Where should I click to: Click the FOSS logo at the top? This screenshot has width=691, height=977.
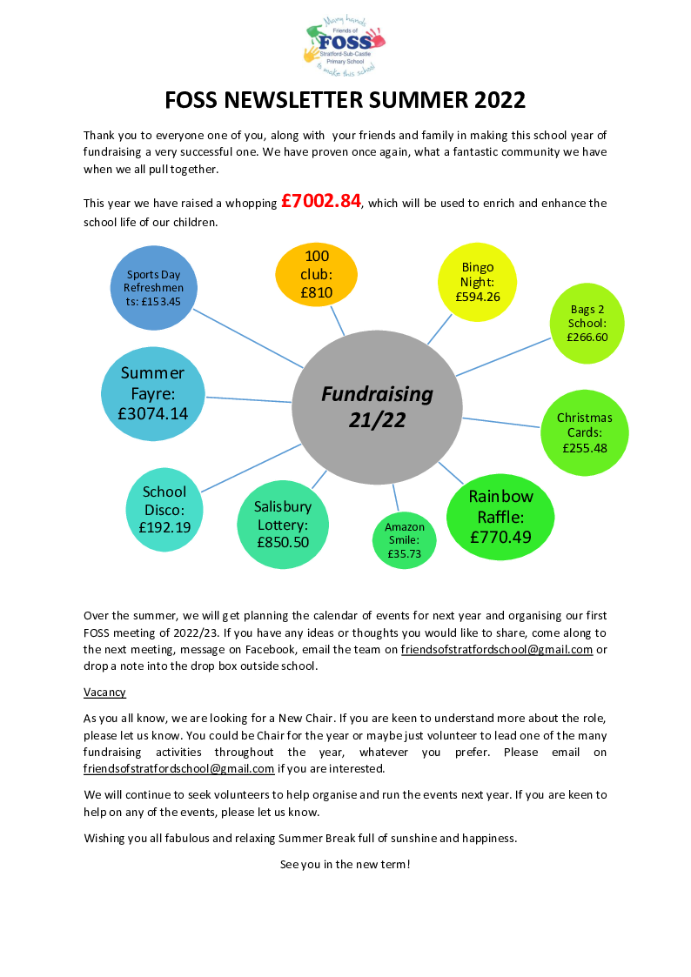[345, 47]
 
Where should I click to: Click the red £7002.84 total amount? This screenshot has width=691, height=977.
[321, 201]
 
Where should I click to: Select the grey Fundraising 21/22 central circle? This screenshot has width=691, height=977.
[377, 407]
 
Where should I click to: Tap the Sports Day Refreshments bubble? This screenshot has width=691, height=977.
[154, 288]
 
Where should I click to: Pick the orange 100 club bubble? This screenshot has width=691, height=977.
[317, 274]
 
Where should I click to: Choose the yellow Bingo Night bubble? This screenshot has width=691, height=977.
[477, 282]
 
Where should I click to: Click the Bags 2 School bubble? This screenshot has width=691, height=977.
[587, 324]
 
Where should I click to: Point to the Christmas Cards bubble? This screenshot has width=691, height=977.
[585, 433]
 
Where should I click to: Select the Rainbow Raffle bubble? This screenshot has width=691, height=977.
[500, 517]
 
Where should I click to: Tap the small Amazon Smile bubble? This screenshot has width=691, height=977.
[405, 540]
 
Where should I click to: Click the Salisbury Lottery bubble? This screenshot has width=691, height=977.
[283, 525]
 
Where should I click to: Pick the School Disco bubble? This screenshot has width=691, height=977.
[164, 510]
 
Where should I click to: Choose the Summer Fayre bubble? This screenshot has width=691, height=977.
[152, 394]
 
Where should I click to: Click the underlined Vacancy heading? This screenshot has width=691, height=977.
[104, 693]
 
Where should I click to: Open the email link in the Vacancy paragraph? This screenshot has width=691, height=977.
[178, 769]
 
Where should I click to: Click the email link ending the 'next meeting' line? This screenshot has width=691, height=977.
[497, 650]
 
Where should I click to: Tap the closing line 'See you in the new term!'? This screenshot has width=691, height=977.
[345, 864]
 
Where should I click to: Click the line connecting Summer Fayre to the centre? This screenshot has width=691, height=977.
[249, 399]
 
